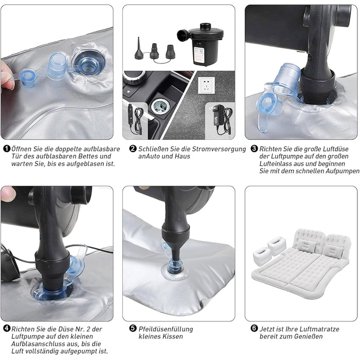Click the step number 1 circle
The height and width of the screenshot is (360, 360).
[7, 149]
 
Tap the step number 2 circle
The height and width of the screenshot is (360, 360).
[133, 149]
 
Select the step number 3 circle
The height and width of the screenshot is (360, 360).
[254, 149]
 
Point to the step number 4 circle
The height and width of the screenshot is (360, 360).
[7, 329]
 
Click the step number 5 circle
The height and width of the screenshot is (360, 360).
[133, 329]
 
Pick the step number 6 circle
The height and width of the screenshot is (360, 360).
[254, 329]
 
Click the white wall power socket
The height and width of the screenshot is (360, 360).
[206, 85]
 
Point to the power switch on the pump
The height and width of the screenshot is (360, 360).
[199, 43]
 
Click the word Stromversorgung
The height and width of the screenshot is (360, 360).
[219, 149]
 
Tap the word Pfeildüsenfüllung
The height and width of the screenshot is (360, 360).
[166, 329]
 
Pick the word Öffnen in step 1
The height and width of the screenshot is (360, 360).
[22, 149]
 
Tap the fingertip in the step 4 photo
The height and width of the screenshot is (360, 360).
[8, 193]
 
